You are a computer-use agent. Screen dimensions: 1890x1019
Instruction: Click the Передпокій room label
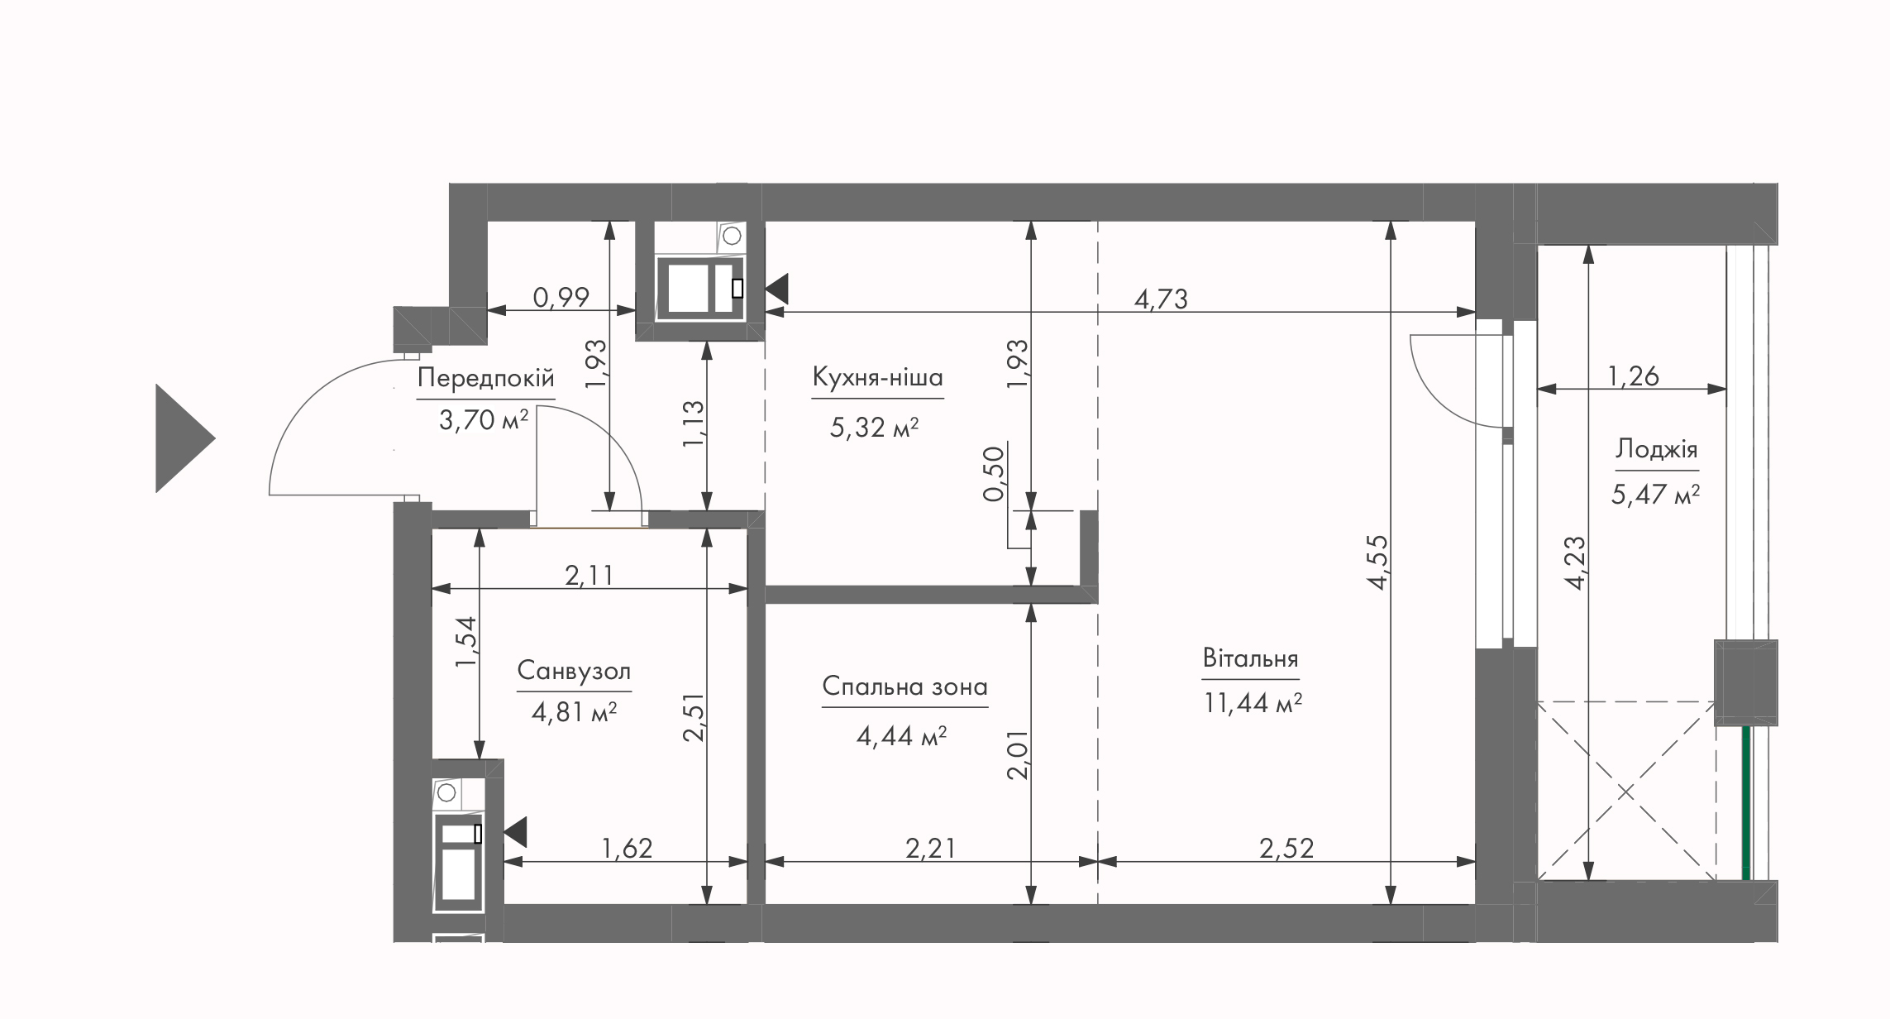485,378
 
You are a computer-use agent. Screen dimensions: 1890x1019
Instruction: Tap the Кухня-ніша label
877,377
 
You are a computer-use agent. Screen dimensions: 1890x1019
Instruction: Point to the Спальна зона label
904,687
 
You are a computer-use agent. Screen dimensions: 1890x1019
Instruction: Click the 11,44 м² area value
1253,703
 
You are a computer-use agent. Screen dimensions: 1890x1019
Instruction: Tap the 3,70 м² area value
484,420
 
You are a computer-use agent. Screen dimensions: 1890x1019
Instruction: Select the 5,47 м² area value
1655,495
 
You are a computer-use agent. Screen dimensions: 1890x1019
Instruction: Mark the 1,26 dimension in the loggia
1633,376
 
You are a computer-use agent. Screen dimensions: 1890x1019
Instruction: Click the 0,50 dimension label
994,473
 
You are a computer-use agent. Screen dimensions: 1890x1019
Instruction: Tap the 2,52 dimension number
1286,848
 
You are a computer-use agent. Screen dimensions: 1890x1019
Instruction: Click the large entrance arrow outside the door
185,438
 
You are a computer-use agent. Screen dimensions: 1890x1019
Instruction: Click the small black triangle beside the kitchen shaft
777,289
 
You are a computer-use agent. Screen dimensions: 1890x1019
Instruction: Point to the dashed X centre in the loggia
1625,792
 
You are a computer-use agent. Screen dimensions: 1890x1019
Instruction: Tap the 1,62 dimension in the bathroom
627,848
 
